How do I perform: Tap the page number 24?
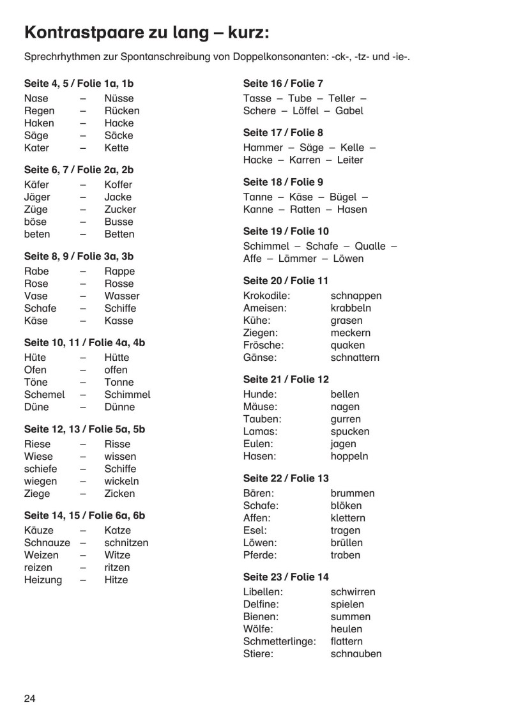[x=30, y=697]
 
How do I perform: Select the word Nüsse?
[x=119, y=98]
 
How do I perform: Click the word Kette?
[x=116, y=148]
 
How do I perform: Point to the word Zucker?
[x=120, y=209]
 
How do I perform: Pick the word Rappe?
[x=119, y=271]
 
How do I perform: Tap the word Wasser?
[x=121, y=296]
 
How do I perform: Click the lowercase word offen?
[x=116, y=370]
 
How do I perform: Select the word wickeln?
[x=121, y=481]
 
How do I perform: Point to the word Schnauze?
[x=47, y=543]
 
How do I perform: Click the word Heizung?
[x=43, y=580]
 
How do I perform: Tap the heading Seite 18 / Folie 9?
[x=283, y=182]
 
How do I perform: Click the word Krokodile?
[x=267, y=296]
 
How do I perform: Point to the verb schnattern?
[x=355, y=358]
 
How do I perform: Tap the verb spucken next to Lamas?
[x=350, y=432]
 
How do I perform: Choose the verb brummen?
[x=353, y=494]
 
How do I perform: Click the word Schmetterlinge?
[x=280, y=641]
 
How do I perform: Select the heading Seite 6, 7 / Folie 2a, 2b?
[x=79, y=170]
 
